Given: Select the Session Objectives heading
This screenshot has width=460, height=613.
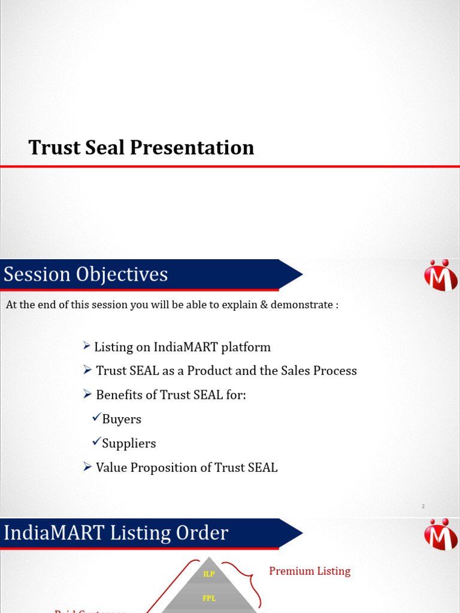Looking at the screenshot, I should point(86,274).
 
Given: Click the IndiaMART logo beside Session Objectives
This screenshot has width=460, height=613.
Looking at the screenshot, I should point(441,275).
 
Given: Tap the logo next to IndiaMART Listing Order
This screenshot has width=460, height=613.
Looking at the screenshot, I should point(441,534).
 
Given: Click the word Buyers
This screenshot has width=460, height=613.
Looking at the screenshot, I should point(122,419).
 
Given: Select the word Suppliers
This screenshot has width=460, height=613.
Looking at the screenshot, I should point(129,443).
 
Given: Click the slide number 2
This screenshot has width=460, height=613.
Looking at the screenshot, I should point(423,506).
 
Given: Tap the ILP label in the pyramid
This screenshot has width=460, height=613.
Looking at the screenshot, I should point(209,573).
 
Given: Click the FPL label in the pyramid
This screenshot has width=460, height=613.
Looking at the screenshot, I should point(209,598).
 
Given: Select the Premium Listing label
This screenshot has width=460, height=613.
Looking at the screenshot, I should point(310,571).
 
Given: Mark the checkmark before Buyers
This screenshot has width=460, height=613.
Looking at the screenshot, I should point(96,418).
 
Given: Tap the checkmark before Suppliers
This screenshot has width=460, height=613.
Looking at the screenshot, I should point(96,442).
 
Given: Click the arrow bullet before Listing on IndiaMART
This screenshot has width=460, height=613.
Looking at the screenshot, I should point(87,347).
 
